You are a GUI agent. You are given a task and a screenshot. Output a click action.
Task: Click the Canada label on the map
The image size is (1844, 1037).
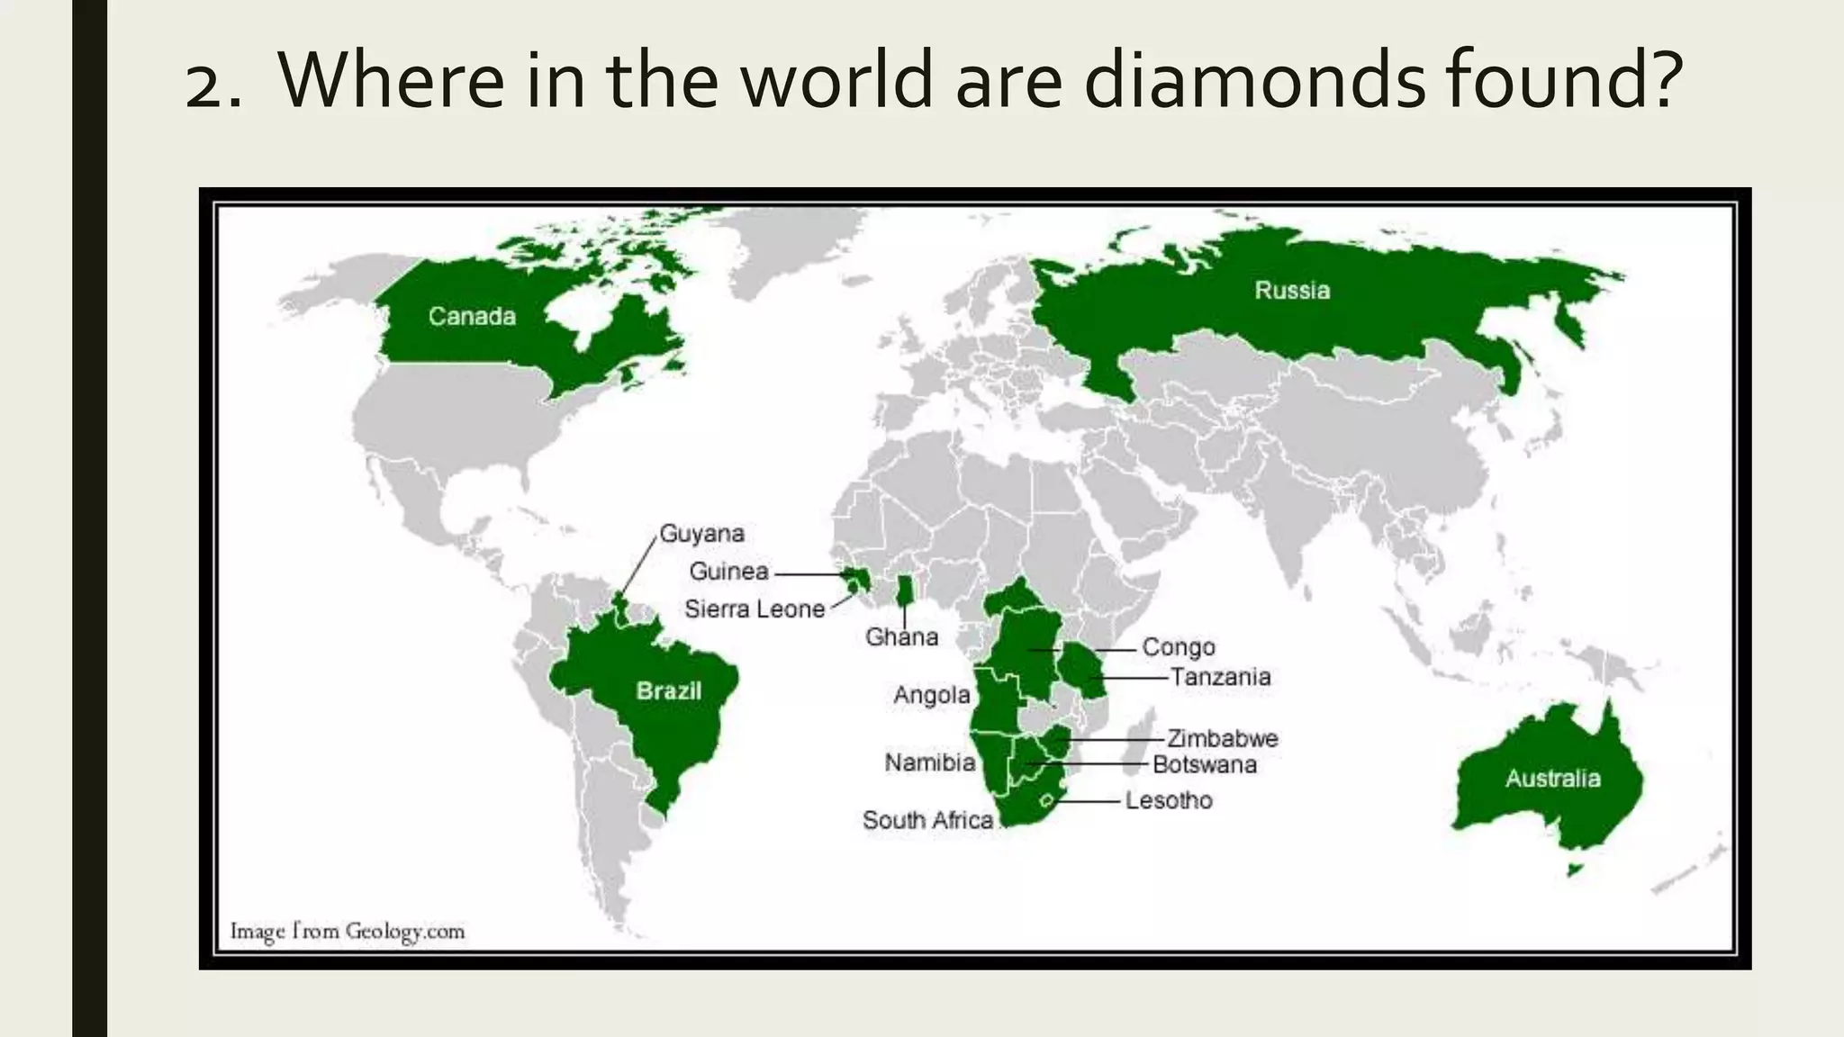point(472,316)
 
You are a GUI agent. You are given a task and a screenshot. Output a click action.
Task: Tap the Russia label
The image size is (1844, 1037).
point(1292,290)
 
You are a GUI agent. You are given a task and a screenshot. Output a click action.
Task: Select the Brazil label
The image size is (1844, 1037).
point(668,690)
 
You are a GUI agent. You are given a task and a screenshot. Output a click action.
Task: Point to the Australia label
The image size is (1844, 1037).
point(1552,778)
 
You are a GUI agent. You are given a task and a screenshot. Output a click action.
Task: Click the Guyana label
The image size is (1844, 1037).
point(702,533)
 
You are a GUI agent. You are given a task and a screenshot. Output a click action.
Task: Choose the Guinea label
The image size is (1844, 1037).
point(728,571)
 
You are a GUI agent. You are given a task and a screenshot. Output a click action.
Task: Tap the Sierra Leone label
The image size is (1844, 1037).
point(755,609)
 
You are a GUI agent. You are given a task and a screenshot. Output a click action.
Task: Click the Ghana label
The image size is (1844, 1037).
point(901,636)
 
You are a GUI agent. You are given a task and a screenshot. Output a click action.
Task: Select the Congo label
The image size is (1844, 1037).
point(1178,646)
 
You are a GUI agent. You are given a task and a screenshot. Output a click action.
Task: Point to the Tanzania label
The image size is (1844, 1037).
point(1220,676)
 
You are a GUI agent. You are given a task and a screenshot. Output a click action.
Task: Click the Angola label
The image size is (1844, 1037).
point(931,694)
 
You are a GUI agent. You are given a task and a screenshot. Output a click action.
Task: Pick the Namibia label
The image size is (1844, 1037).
point(929,762)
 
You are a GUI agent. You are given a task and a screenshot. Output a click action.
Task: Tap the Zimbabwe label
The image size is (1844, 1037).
point(1222,738)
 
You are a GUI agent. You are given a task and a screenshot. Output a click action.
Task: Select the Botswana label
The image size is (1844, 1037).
point(1204,764)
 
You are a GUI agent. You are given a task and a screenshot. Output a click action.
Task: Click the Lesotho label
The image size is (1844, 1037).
point(1168,799)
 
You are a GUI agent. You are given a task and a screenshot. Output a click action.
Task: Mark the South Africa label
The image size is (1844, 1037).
point(927,820)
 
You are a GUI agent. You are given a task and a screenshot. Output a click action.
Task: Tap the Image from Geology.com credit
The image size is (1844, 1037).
point(348,931)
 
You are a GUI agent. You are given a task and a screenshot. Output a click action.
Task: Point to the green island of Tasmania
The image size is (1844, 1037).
point(1573,870)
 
